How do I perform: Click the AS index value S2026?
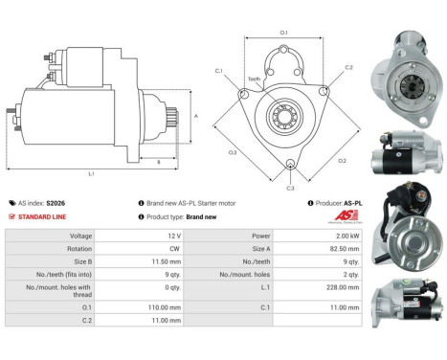click(x=56, y=203)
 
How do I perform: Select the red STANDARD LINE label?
click(x=42, y=216)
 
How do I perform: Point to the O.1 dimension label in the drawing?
click(x=283, y=34)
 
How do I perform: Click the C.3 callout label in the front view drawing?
click(x=290, y=188)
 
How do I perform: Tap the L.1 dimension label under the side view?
click(x=91, y=174)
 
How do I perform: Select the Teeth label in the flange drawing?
click(x=253, y=79)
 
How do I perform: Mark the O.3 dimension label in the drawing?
click(x=233, y=152)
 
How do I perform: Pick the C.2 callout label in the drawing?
click(x=348, y=68)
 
